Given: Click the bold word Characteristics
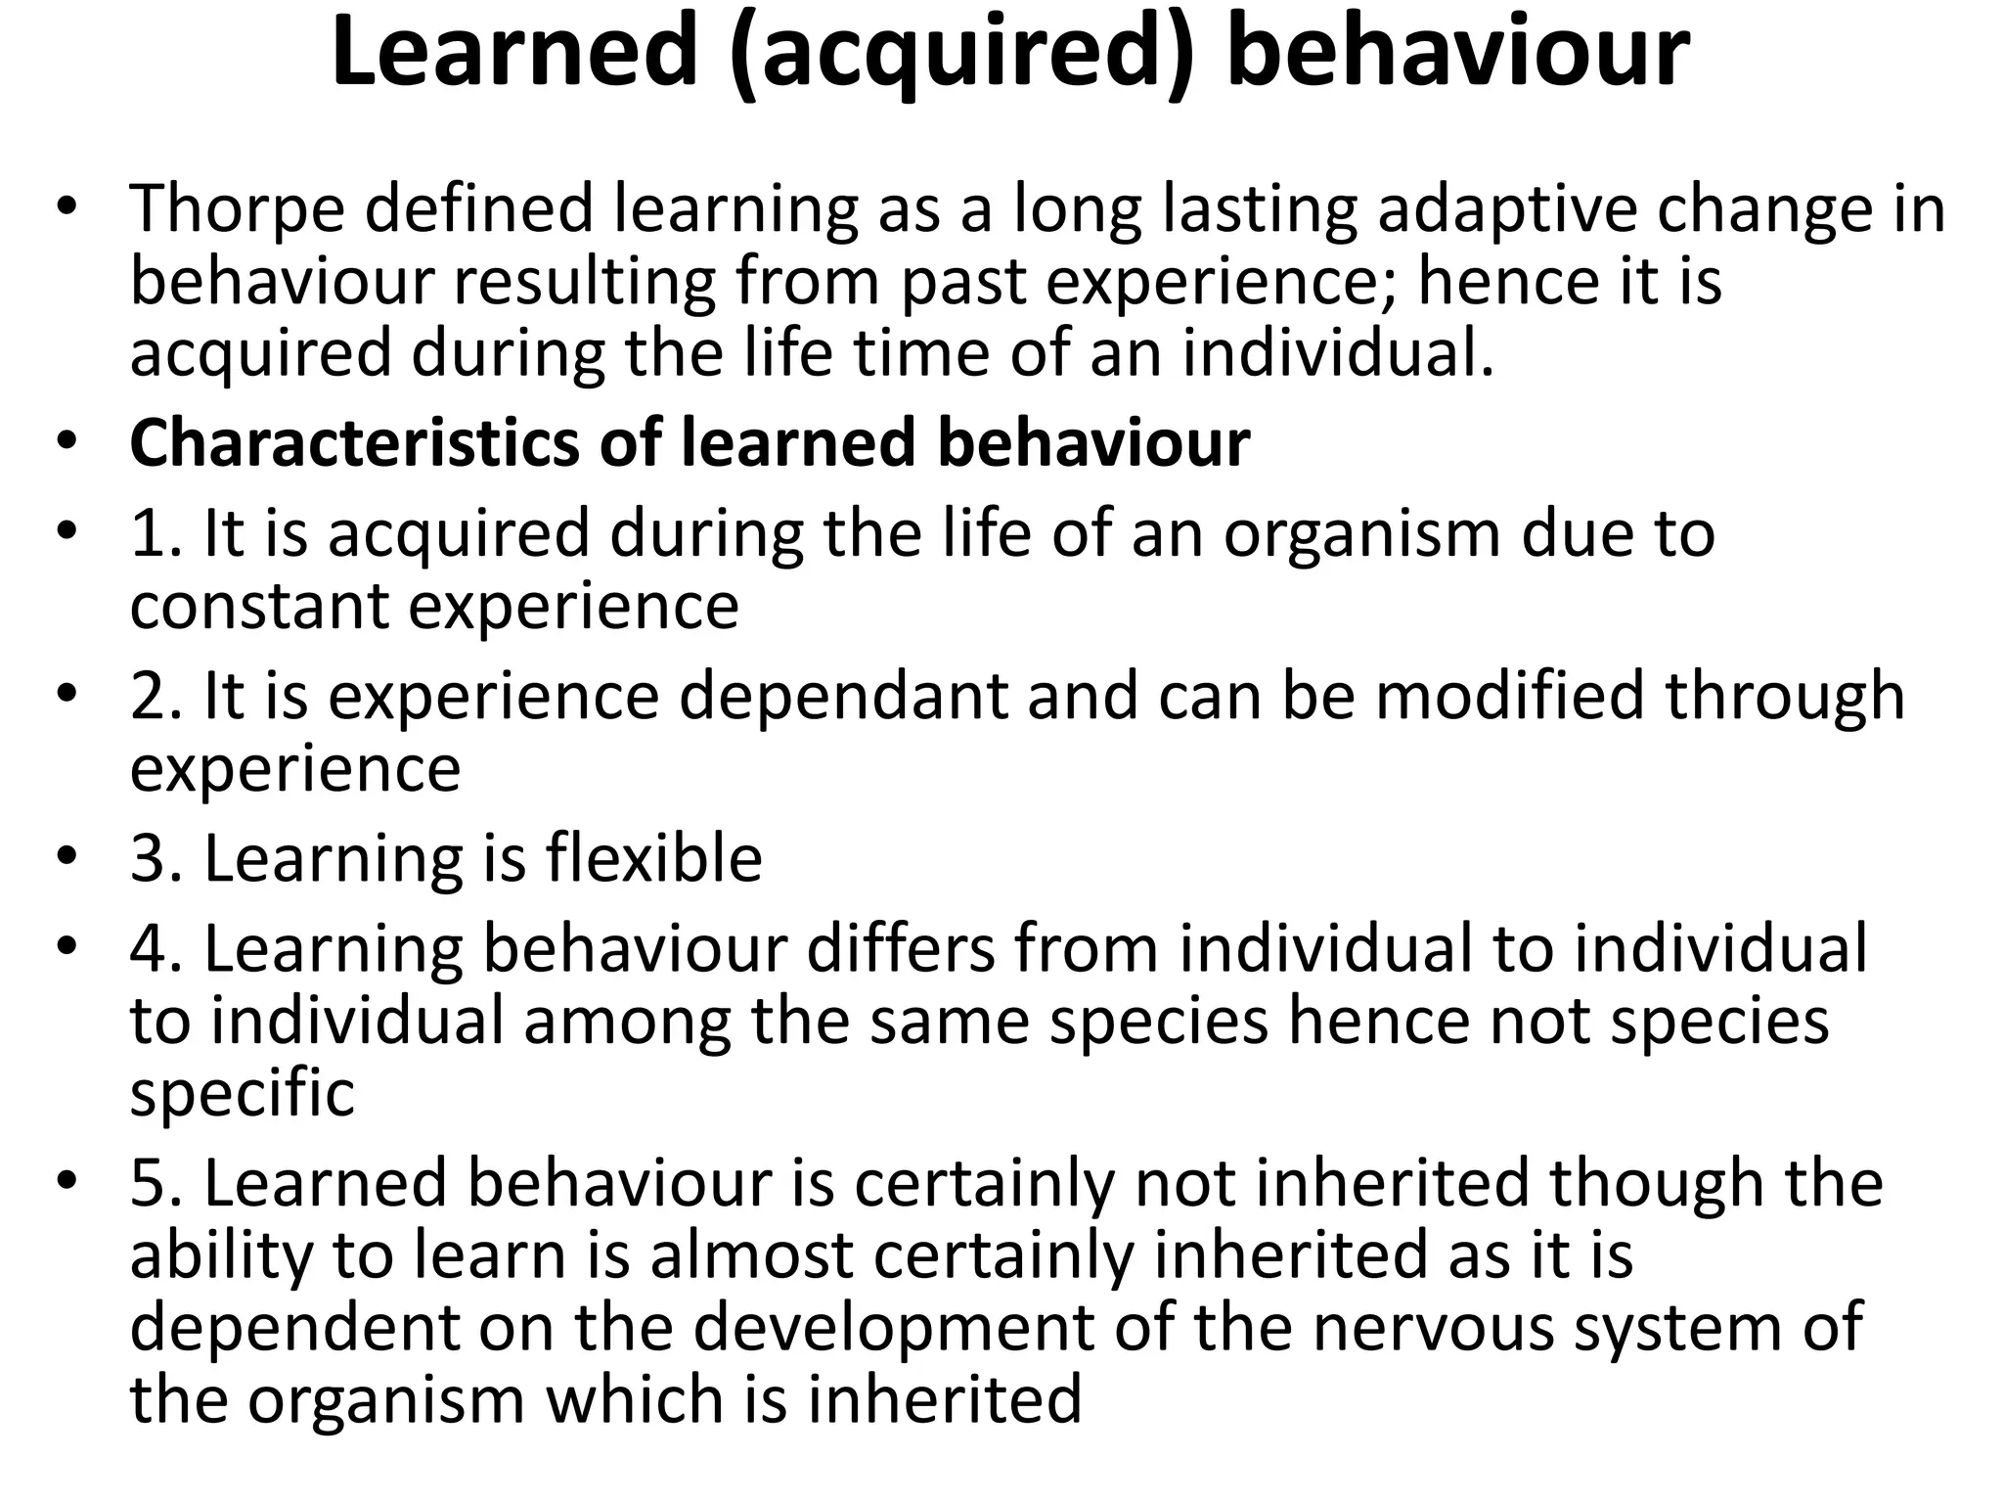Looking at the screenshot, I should tap(355, 442).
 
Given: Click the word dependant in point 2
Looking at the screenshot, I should tap(843, 698).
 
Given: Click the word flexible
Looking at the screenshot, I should tap(653, 858).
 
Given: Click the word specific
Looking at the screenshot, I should tap(242, 1094).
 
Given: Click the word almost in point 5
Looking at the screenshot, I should tap(752, 1255).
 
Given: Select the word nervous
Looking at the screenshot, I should tap(1432, 1328).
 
